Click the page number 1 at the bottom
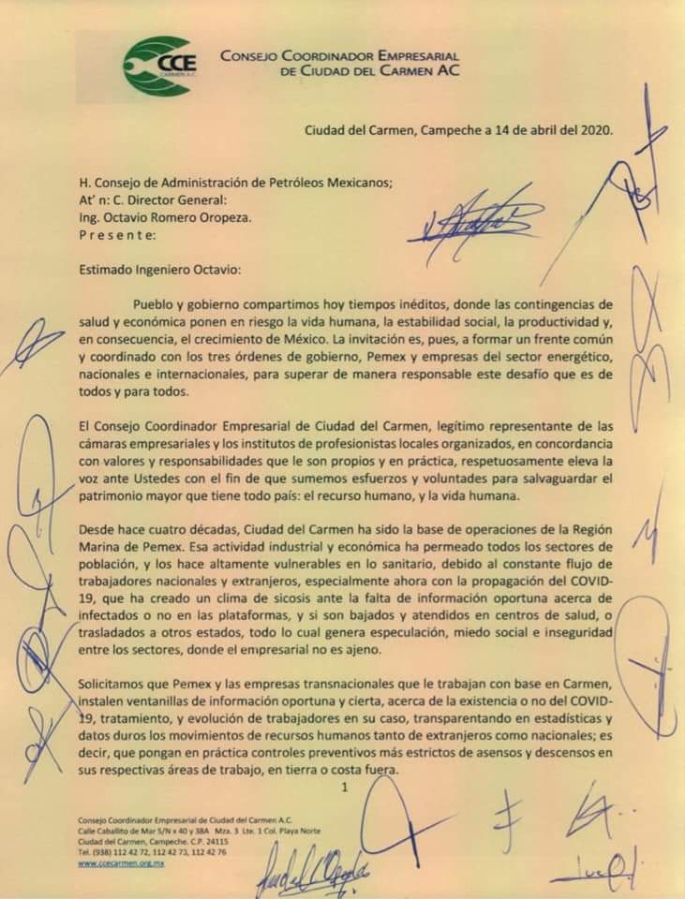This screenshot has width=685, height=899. [344, 788]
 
